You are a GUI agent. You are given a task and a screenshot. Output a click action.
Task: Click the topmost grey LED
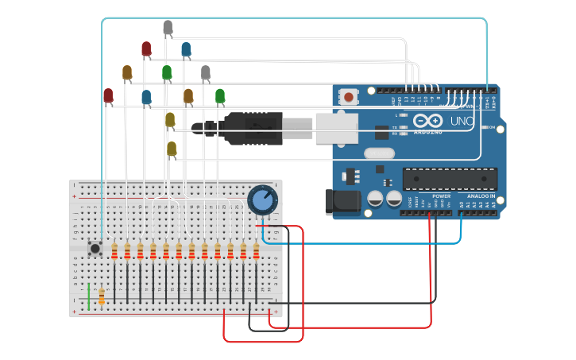[168, 28]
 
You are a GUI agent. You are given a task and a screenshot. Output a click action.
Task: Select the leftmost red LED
[108, 95]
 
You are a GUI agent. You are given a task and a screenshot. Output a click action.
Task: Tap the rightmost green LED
[220, 96]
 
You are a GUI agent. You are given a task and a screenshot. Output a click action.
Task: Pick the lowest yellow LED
[172, 149]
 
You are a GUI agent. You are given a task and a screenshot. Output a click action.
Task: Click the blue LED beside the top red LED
[186, 50]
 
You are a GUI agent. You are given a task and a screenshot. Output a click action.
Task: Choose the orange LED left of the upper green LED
[127, 73]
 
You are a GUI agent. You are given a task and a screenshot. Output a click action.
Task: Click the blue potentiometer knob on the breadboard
[261, 199]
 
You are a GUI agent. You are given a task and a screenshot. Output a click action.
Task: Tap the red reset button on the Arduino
[348, 98]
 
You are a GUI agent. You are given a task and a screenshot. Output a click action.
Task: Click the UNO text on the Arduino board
[462, 122]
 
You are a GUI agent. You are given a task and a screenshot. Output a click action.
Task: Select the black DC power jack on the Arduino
[342, 202]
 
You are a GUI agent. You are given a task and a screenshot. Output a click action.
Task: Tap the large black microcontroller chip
[450, 179]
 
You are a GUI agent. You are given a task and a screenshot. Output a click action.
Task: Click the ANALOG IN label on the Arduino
[480, 195]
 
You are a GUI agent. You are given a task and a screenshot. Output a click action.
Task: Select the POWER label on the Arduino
[442, 195]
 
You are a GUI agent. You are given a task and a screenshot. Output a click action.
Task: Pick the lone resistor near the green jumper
[102, 296]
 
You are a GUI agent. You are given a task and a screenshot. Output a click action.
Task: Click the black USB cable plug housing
[253, 128]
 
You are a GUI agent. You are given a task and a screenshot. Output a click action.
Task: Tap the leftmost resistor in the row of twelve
[115, 252]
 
